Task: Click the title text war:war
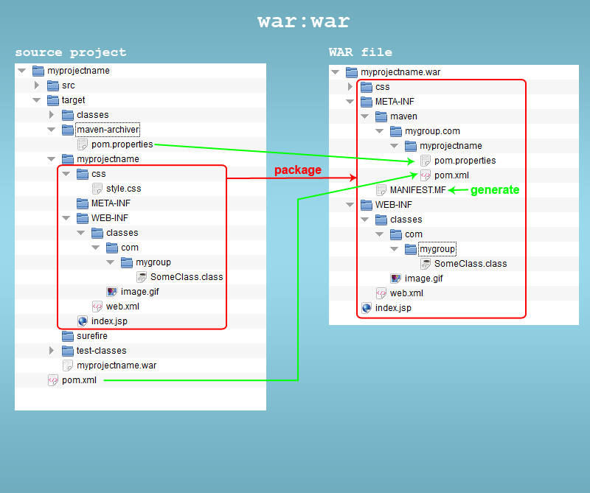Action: point(303,21)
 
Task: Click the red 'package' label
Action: point(298,170)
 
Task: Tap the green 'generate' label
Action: point(495,190)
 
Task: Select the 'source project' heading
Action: point(71,52)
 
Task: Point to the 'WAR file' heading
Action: point(360,52)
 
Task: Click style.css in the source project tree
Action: point(123,189)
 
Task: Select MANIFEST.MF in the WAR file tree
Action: point(417,190)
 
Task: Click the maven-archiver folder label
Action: point(108,130)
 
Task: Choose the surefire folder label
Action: point(91,336)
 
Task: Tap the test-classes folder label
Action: point(101,351)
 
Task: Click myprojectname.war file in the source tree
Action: point(116,366)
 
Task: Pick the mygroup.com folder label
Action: point(432,131)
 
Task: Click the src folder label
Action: point(68,85)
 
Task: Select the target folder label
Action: point(73,100)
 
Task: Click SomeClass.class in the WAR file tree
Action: point(471,264)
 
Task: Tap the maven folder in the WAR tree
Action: point(403,116)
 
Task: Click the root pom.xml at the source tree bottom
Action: point(78,380)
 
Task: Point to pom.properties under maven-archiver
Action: point(122,144)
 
